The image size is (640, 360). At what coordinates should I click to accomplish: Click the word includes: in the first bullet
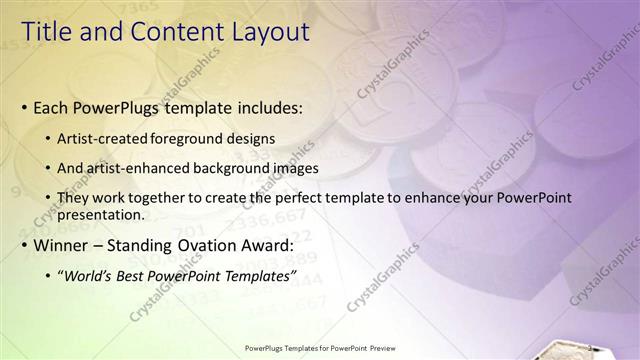point(266,107)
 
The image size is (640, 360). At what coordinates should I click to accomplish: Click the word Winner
point(62,244)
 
